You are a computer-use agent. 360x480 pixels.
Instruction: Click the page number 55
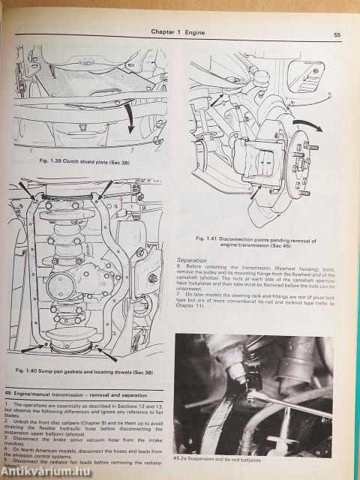click(x=338, y=34)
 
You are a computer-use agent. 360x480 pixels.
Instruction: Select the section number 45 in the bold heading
click(x=8, y=394)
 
